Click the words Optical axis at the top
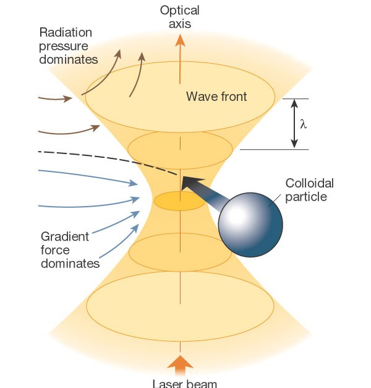[x=180, y=17]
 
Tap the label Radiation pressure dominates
[x=68, y=45]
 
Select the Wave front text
[x=216, y=97]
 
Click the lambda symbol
[x=302, y=124]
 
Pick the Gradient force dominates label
[x=70, y=250]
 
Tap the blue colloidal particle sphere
[x=252, y=223]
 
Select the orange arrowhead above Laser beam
[x=180, y=363]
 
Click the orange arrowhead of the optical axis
[x=180, y=41]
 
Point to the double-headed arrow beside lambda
[x=294, y=124]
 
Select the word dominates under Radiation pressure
[x=68, y=59]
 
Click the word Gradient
[x=64, y=236]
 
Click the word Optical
[x=180, y=10]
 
